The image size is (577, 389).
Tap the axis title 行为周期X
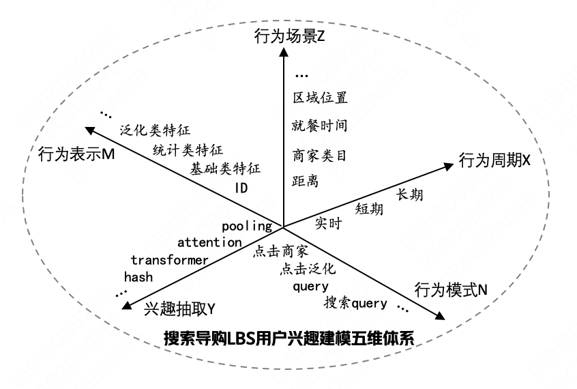[494, 161]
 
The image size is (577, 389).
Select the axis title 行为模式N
[451, 289]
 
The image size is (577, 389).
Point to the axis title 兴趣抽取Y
[180, 309]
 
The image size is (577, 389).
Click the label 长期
[409, 194]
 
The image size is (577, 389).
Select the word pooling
[247, 225]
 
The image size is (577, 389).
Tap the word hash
[138, 276]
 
